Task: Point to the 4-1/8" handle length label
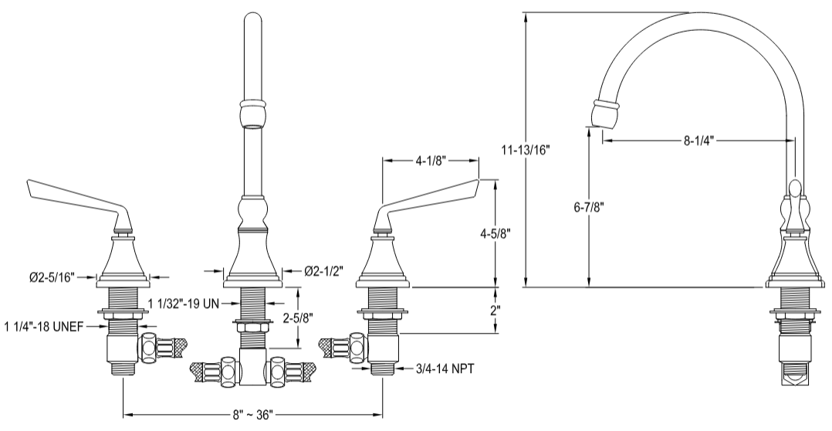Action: click(x=431, y=161)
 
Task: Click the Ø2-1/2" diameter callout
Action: click(x=324, y=270)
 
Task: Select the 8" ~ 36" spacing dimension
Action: click(x=255, y=415)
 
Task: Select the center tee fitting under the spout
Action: click(x=253, y=366)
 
